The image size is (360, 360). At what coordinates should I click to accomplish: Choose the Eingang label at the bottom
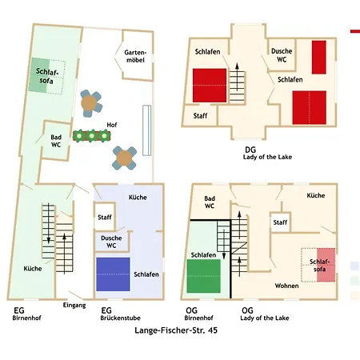[x=74, y=305]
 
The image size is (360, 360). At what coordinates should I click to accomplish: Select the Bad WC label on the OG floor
[x=210, y=202]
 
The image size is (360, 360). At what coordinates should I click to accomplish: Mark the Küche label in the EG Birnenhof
[x=33, y=268]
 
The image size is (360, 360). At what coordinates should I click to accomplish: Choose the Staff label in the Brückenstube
[x=105, y=217]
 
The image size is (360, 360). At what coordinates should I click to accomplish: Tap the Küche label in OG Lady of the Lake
[x=315, y=195]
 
